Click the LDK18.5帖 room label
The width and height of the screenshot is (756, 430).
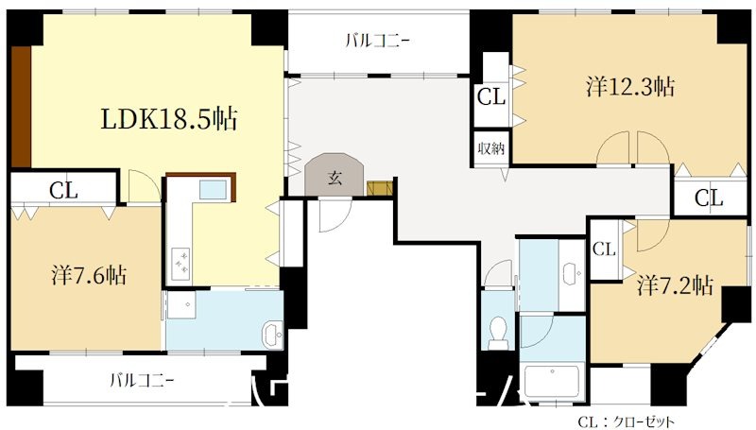[169, 119]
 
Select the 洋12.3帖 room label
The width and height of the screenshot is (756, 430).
[629, 87]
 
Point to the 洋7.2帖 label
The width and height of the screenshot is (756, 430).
[674, 285]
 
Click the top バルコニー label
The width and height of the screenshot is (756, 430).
[377, 40]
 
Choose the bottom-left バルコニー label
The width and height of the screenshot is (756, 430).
[142, 381]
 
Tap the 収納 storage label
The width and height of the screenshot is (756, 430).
[490, 148]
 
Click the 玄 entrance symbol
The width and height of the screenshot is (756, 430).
[335, 176]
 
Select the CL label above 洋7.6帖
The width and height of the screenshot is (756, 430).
[63, 189]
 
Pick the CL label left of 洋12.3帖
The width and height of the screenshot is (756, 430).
[490, 95]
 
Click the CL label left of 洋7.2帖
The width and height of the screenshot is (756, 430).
[604, 249]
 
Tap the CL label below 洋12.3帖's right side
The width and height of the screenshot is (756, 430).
[709, 198]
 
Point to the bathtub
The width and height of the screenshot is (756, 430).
[553, 383]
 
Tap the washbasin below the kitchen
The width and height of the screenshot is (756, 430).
[271, 334]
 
